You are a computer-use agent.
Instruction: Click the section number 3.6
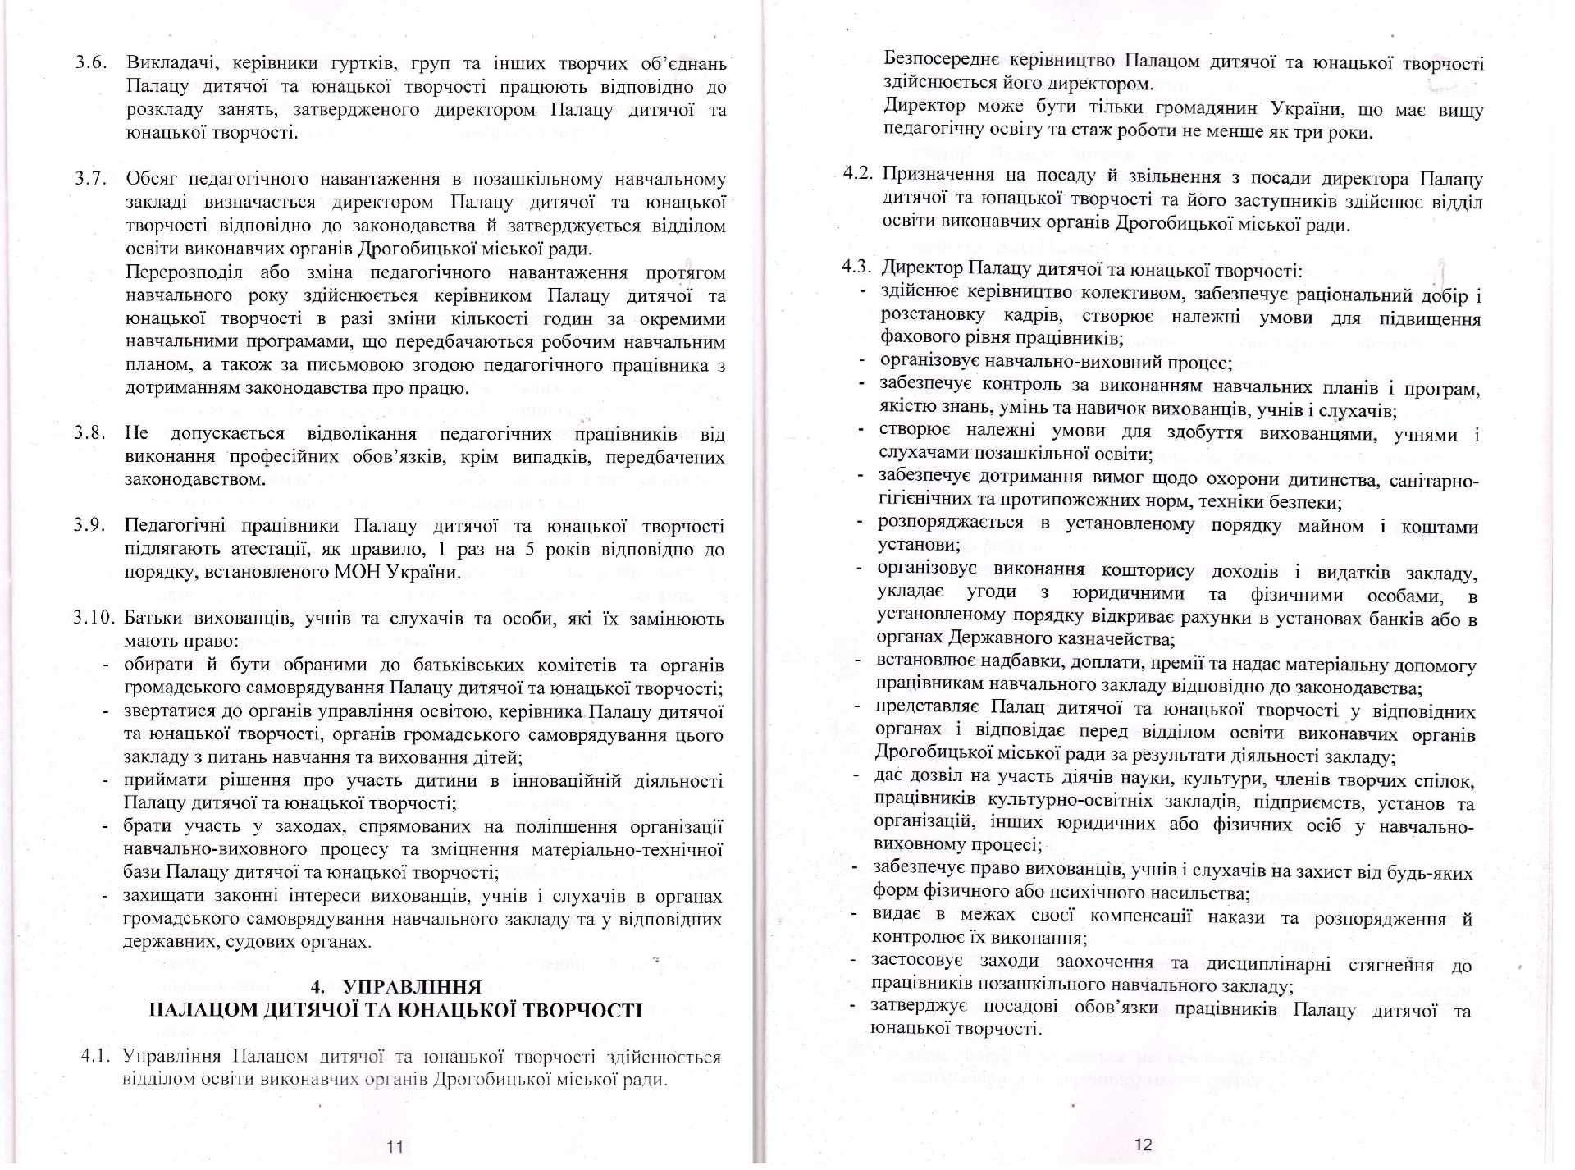click(91, 62)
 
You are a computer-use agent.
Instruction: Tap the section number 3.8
click(89, 432)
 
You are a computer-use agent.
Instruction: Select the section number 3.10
click(93, 617)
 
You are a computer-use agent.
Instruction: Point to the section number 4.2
click(857, 172)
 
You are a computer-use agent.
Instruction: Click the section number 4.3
click(856, 266)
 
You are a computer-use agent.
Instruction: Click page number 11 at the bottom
click(395, 1146)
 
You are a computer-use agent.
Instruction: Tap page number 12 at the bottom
click(1143, 1144)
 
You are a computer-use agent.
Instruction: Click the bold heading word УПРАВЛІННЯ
click(412, 987)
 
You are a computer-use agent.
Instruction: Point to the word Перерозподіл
click(185, 272)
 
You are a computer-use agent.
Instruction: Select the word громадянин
click(1196, 107)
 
